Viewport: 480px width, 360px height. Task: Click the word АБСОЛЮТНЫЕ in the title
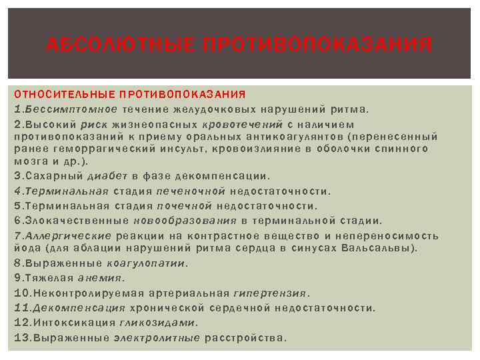click(118, 45)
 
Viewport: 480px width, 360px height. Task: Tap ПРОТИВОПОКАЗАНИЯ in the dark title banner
click(317, 45)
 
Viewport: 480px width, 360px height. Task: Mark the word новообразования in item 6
click(185, 220)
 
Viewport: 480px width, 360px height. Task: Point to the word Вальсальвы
click(386, 248)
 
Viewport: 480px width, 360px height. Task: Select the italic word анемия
click(101, 277)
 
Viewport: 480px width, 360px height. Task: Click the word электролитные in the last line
click(157, 337)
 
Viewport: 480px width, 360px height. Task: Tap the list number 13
click(19, 337)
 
